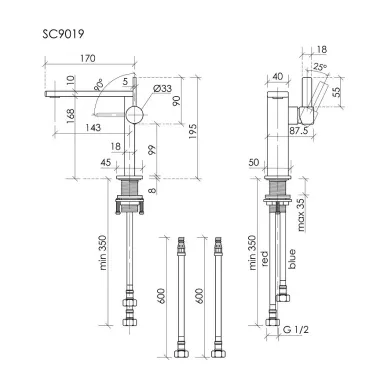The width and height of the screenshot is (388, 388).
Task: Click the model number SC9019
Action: [x=63, y=34]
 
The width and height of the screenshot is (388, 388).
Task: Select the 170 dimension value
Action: [x=88, y=58]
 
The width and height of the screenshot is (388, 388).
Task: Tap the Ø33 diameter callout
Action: [x=162, y=88]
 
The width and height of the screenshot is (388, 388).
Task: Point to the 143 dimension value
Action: [x=93, y=127]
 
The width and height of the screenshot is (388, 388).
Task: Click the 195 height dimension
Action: [x=193, y=131]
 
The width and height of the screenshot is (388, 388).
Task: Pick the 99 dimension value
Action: [x=152, y=150]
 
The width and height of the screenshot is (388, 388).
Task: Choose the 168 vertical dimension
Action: [x=70, y=116]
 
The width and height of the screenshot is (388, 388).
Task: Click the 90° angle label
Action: [x=99, y=86]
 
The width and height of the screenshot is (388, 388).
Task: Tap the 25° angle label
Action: [x=320, y=68]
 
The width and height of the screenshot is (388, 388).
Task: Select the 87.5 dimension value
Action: [x=299, y=131]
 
